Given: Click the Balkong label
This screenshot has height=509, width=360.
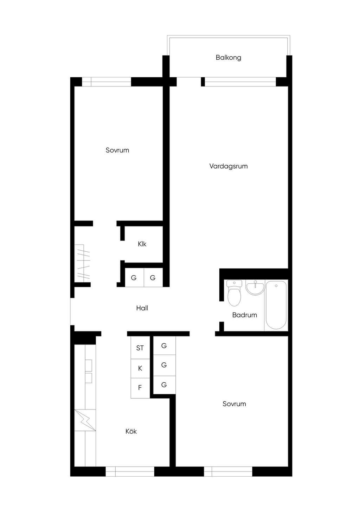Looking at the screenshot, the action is click(x=229, y=58).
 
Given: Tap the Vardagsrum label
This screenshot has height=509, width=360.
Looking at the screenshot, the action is click(x=229, y=166).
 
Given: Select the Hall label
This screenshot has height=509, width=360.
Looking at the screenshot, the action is click(x=142, y=308).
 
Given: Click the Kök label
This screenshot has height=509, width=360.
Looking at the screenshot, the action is click(x=131, y=431).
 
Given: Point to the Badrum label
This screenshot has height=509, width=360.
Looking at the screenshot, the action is click(x=245, y=315).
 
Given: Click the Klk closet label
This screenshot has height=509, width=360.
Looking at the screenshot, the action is click(x=142, y=244).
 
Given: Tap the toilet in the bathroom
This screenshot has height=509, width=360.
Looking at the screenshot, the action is click(x=234, y=293).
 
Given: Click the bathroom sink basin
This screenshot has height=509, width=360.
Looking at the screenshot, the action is click(x=255, y=288).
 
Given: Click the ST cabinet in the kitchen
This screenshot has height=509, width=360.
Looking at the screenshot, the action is click(x=140, y=348).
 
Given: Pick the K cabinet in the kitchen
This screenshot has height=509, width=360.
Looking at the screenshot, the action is click(x=140, y=368).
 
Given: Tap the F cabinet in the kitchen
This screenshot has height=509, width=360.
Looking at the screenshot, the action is click(x=140, y=388).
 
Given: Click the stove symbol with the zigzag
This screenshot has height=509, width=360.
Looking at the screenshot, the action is click(x=85, y=420).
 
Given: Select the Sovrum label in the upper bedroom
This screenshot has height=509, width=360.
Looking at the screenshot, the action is click(x=117, y=150).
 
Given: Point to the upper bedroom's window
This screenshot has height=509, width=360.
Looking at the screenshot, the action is click(x=107, y=82).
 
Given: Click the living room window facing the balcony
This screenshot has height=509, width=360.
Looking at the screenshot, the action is click(x=240, y=82).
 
